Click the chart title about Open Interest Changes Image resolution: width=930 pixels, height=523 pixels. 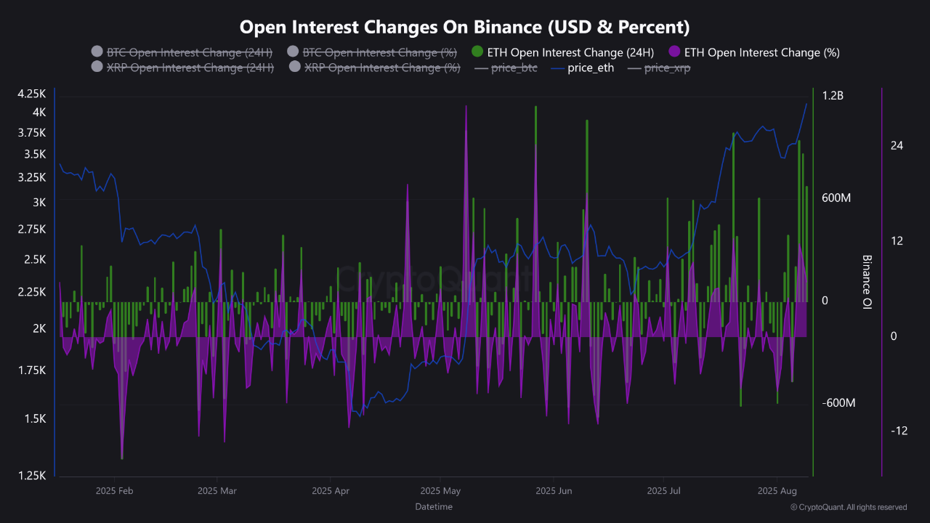(x=464, y=27)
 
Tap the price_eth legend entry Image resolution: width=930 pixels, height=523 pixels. (x=591, y=68)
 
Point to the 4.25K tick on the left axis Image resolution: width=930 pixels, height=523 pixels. (x=32, y=94)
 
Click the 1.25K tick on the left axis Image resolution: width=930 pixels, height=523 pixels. (x=32, y=476)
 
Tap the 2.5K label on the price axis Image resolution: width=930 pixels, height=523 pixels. (x=35, y=259)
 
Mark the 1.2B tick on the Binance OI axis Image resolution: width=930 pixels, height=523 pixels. (x=833, y=96)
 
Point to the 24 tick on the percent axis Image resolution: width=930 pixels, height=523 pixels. (x=897, y=146)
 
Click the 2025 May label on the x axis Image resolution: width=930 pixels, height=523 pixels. (x=440, y=491)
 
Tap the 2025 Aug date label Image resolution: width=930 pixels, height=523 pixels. (x=777, y=491)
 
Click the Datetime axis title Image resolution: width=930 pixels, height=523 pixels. (x=434, y=506)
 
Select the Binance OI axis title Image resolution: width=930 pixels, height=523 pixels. (x=866, y=283)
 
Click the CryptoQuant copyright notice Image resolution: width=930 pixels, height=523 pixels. (x=848, y=507)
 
